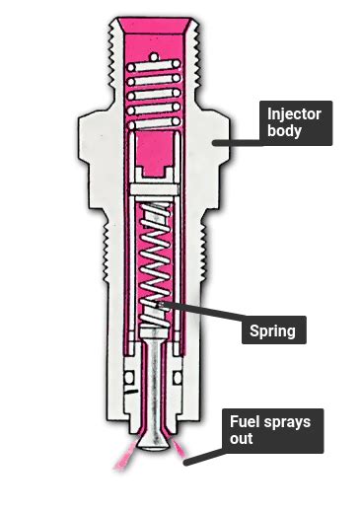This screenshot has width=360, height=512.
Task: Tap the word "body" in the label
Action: (283, 132)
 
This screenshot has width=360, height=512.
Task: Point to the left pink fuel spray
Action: (126, 456)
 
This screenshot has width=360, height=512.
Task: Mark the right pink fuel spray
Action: (185, 455)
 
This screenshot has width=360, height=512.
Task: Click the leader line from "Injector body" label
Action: (237, 140)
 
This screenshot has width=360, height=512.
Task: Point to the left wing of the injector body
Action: (94, 148)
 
